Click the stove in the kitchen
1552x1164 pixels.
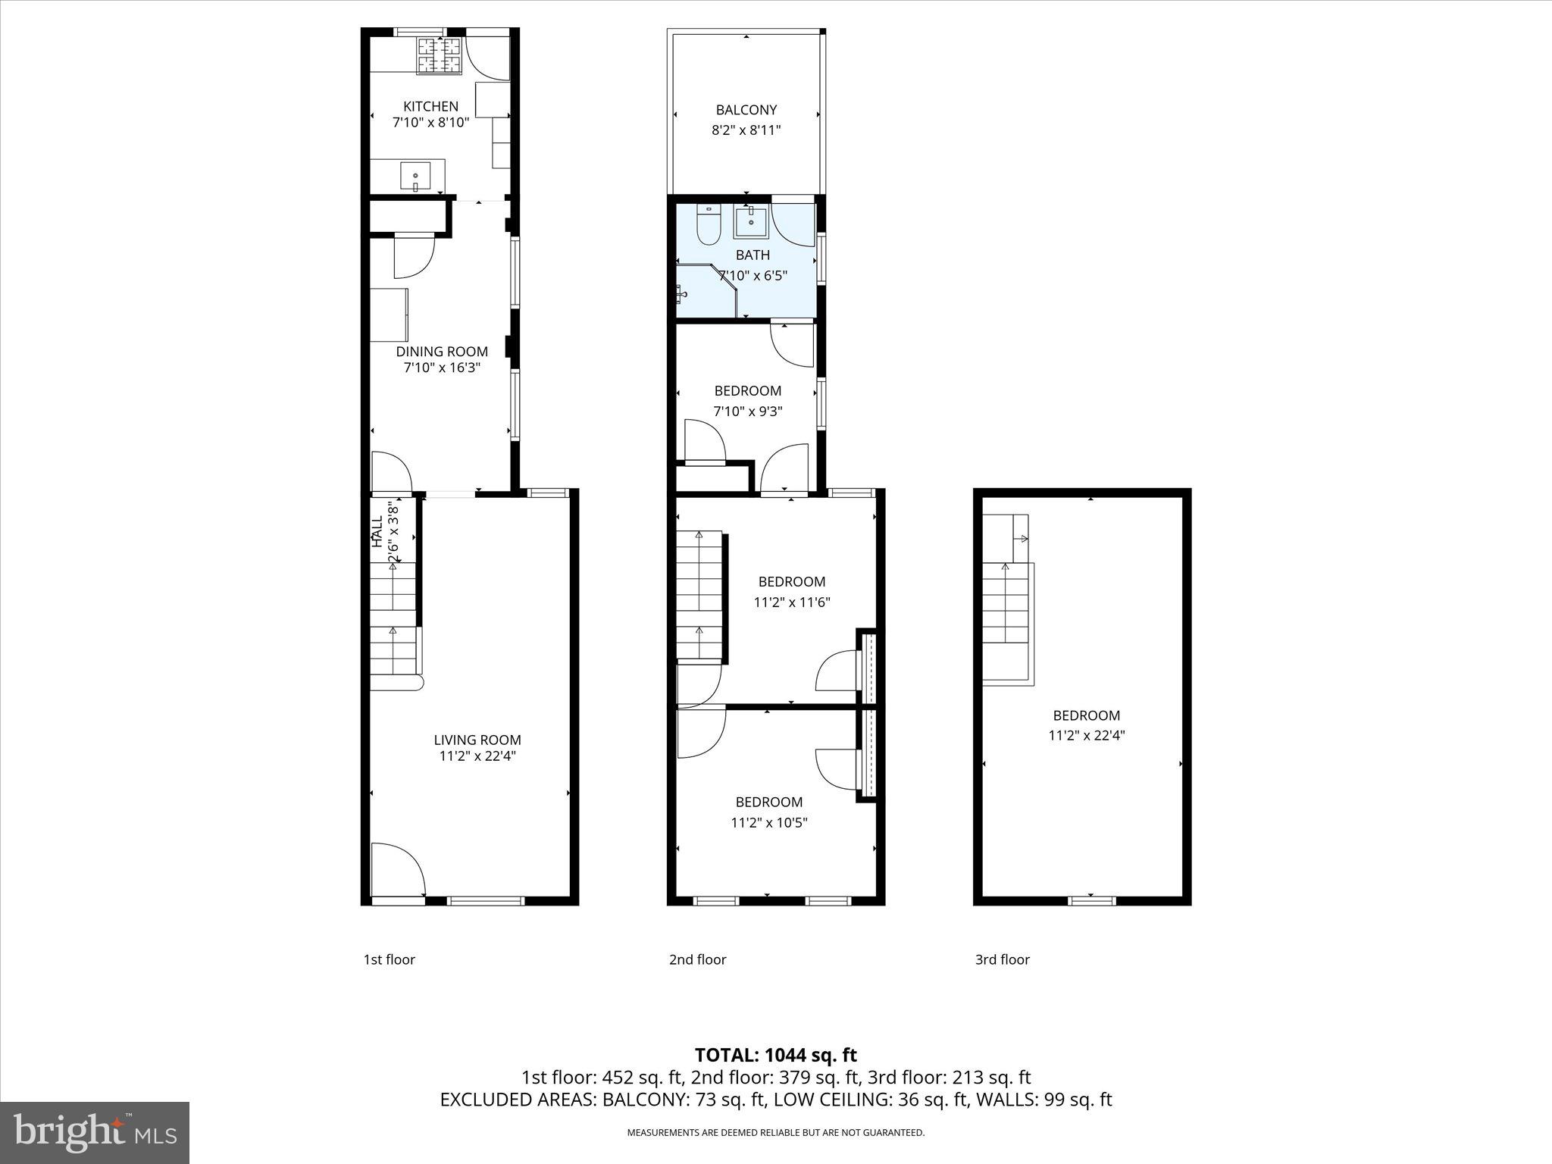(x=439, y=56)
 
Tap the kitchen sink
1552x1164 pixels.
(x=415, y=176)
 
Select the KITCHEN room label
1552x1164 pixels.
(x=430, y=106)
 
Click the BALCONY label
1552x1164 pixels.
(x=746, y=110)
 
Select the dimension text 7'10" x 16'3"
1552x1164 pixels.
(x=442, y=368)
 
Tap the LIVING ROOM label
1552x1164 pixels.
(x=477, y=740)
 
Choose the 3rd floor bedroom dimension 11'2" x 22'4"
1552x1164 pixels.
(x=1086, y=735)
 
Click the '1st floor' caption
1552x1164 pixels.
(x=390, y=959)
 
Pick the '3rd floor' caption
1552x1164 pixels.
(x=1002, y=959)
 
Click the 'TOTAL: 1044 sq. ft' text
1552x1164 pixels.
(x=775, y=1055)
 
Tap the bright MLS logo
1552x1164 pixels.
(x=95, y=1132)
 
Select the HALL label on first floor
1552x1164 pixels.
(x=377, y=531)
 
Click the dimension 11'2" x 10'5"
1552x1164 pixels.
(x=769, y=823)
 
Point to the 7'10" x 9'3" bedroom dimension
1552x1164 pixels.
(x=748, y=411)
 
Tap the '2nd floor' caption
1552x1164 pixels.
(x=697, y=959)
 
